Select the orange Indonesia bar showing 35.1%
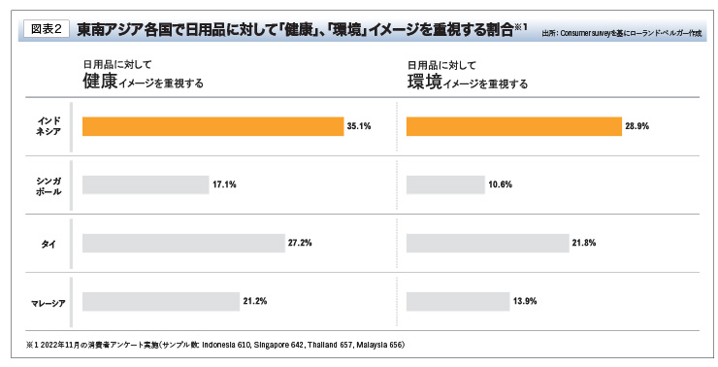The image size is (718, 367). (213, 126)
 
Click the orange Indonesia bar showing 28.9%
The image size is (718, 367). (514, 126)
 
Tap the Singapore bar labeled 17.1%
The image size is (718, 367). (146, 184)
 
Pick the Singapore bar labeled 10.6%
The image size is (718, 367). (445, 184)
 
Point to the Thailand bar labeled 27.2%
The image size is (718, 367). (183, 243)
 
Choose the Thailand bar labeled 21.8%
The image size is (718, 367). (487, 243)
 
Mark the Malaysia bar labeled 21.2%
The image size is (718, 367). (161, 301)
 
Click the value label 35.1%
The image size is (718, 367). (359, 126)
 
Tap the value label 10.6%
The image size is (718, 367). (502, 184)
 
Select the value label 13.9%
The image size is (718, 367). (524, 301)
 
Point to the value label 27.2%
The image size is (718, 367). (300, 243)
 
